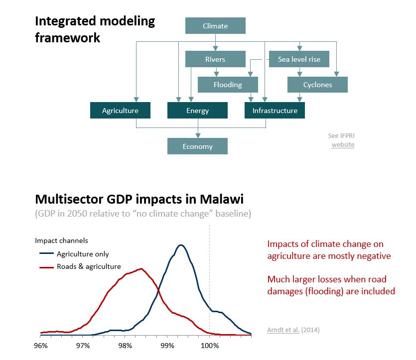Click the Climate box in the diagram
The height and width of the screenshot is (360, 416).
pyautogui.click(x=215, y=26)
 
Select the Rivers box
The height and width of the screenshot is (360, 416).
pyautogui.click(x=215, y=59)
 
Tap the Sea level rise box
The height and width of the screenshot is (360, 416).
pyautogui.click(x=299, y=59)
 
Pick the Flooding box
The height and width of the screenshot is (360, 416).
pyautogui.click(x=228, y=85)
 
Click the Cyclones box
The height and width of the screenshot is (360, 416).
pyautogui.click(x=317, y=85)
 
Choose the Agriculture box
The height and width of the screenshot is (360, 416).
pyautogui.click(x=120, y=110)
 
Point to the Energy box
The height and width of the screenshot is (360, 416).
pyautogui.click(x=197, y=110)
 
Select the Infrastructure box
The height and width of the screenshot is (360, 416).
pyautogui.click(x=275, y=110)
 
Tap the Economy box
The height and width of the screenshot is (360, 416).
pyautogui.click(x=197, y=146)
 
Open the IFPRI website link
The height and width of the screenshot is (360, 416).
pyautogui.click(x=343, y=145)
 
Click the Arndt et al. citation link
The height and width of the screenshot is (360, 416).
pyautogui.click(x=283, y=330)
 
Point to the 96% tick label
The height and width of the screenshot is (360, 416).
pyautogui.click(x=41, y=346)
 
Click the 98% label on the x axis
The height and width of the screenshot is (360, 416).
pyautogui.click(x=125, y=346)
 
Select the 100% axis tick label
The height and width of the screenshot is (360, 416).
pyautogui.click(x=210, y=346)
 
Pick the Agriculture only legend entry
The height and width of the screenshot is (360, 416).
pyautogui.click(x=74, y=254)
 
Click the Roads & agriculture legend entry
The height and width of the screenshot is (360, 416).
pyautogui.click(x=80, y=266)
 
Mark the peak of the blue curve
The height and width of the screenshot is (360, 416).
pyautogui.click(x=181, y=245)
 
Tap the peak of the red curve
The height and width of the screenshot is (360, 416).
pyautogui.click(x=141, y=269)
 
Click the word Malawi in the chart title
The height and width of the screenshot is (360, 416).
pyautogui.click(x=222, y=199)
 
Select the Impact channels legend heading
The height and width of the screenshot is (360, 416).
pyautogui.click(x=62, y=240)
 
